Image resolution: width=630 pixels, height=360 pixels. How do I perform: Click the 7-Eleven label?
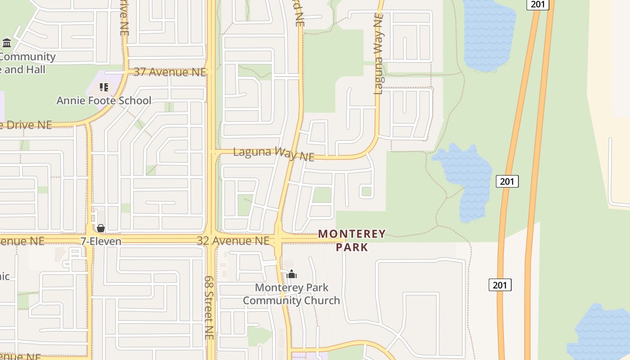click(x=101, y=241)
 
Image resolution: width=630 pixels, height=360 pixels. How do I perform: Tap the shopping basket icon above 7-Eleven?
click(x=101, y=229)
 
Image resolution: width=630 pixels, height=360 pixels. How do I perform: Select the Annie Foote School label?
click(x=103, y=100)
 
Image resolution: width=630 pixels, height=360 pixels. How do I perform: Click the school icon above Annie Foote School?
click(x=104, y=87)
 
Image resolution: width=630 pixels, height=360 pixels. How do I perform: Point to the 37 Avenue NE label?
click(x=170, y=72)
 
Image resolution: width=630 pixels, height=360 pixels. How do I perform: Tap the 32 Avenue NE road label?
click(x=233, y=241)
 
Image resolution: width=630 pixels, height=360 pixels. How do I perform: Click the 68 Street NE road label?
click(x=209, y=307)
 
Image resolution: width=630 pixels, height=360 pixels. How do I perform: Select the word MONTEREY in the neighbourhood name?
click(x=352, y=234)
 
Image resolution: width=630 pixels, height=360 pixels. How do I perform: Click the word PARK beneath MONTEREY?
click(x=352, y=247)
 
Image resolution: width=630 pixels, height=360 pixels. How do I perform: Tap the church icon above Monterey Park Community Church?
click(x=292, y=274)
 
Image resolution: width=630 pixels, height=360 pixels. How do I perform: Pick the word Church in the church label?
click(x=320, y=300)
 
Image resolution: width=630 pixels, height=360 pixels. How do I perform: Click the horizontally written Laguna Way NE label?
click(x=273, y=153)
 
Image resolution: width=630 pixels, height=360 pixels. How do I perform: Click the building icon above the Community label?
click(x=7, y=43)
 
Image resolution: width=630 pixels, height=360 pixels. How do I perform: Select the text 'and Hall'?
click(x=25, y=70)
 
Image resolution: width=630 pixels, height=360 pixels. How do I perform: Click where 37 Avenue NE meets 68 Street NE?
click(x=211, y=72)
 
